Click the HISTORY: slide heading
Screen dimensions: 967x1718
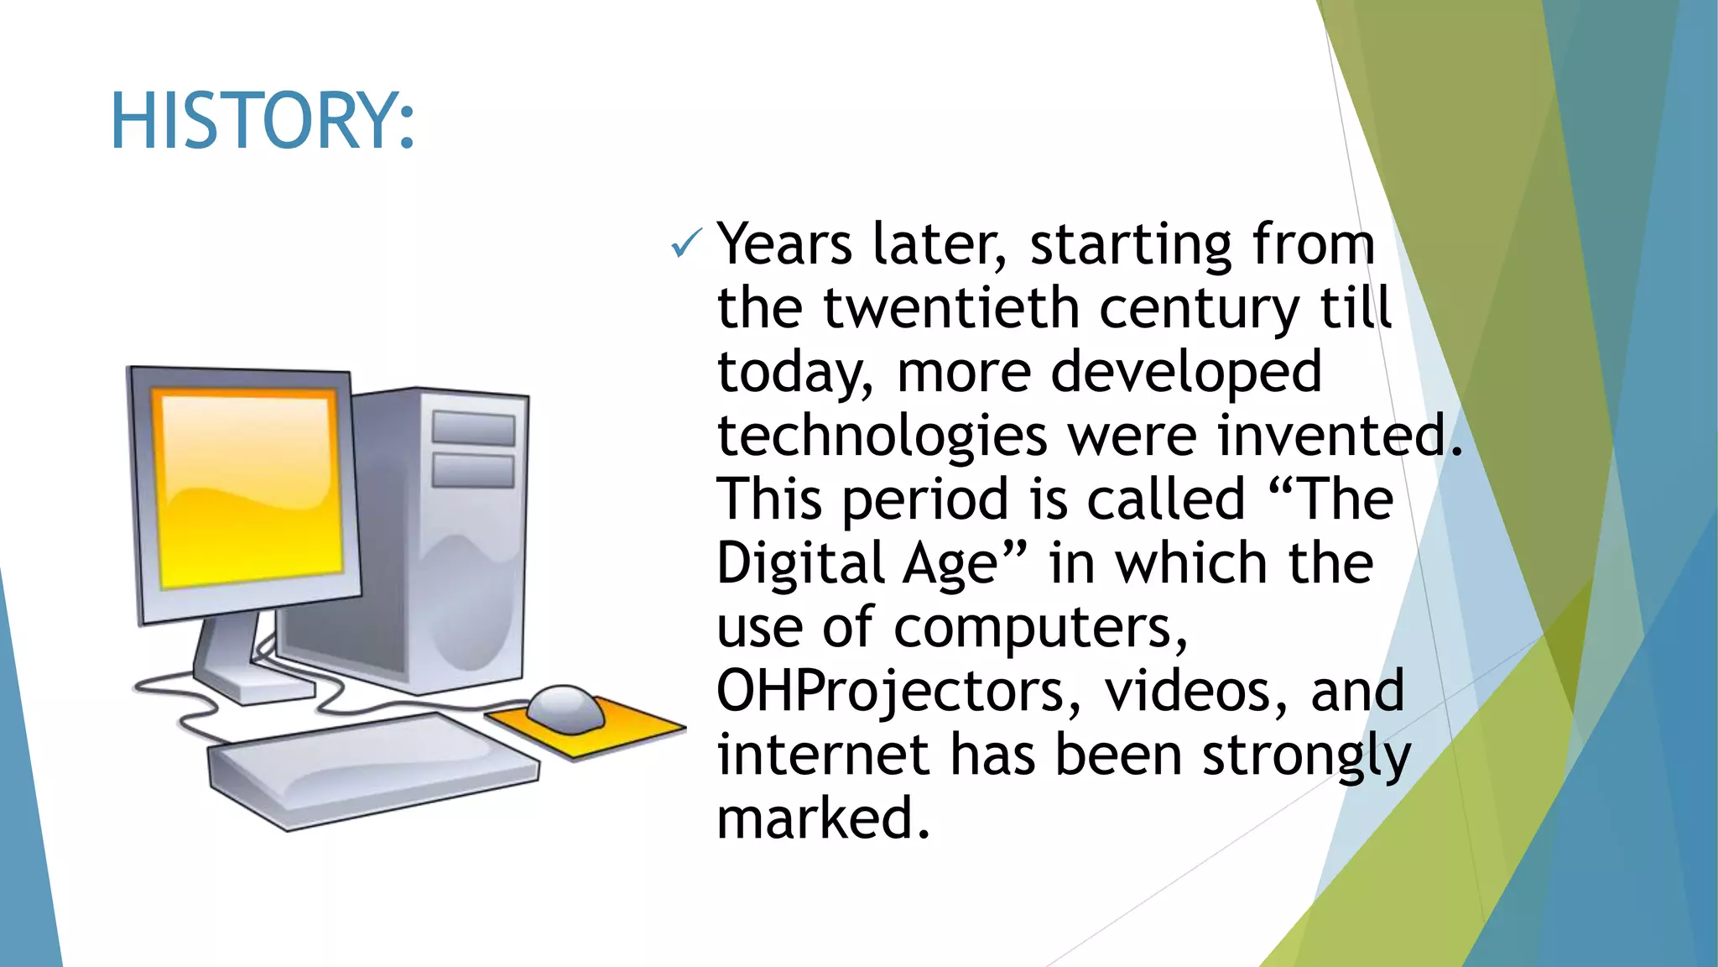[263, 122]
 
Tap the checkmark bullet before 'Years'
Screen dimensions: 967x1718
[686, 244]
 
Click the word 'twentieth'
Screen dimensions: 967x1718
[950, 308]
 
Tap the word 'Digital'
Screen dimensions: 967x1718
[800, 563]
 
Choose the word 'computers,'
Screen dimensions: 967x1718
[1041, 628]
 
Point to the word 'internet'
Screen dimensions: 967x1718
[823, 755]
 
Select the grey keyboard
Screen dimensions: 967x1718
[373, 769]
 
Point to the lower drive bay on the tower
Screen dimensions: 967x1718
[473, 470]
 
